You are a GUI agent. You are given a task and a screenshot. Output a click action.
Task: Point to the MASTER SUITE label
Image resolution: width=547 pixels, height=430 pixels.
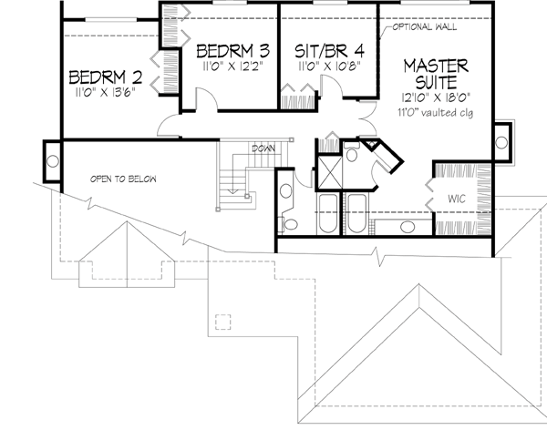[x=436, y=76]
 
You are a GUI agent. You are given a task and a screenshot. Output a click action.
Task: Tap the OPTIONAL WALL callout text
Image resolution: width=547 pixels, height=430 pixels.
[x=425, y=27]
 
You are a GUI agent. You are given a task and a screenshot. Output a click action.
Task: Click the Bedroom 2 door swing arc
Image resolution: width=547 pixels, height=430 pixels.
[x=169, y=128]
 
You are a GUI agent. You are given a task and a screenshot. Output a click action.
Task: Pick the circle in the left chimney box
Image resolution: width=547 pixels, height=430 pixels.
[x=51, y=161]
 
